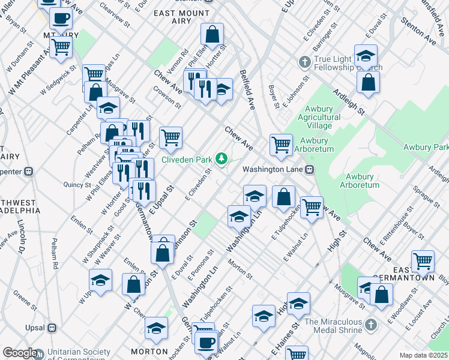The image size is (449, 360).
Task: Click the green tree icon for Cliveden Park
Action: point(222,158)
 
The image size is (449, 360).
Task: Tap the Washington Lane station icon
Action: point(310,169)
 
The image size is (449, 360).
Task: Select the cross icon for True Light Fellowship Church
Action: point(304,62)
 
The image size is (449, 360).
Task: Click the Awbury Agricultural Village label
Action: point(319,117)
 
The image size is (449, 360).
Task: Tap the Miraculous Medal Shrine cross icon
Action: point(371,326)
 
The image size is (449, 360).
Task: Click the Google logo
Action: point(19,353)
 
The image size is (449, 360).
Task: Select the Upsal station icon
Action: point(52,328)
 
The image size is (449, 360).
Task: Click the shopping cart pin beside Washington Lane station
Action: point(281,144)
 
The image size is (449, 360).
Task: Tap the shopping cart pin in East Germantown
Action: point(423,261)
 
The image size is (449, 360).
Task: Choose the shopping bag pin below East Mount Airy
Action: point(212,34)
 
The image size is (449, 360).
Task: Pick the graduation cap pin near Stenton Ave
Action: point(365,56)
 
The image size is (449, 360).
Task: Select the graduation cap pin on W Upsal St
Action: point(100,280)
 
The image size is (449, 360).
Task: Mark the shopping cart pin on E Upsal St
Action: point(170,137)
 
